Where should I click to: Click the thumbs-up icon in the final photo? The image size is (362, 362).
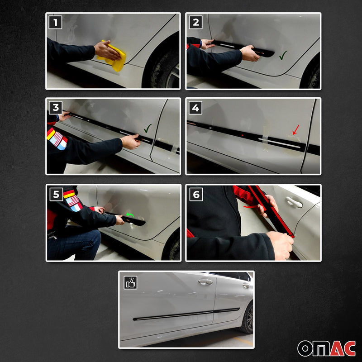point(130,283)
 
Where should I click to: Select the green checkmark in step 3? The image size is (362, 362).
point(148,129)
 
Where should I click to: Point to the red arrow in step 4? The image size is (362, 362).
point(295,131)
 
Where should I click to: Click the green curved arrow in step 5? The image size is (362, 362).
point(130,215)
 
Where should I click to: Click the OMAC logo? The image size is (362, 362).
point(325,348)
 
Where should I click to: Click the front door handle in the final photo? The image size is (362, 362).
point(205,282)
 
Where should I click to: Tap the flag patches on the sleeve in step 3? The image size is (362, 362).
point(57,138)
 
